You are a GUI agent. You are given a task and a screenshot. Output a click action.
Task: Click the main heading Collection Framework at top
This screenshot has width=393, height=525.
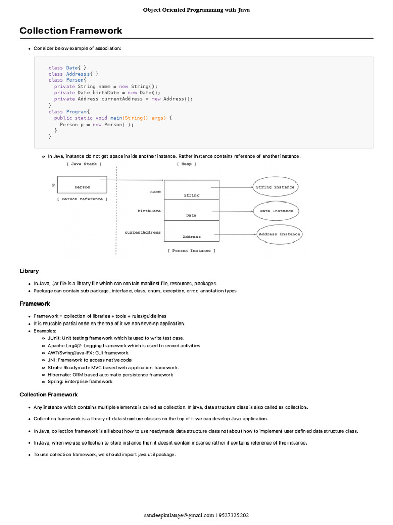[71, 31]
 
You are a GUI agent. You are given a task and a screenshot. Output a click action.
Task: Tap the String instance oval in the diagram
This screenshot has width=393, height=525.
[275, 187]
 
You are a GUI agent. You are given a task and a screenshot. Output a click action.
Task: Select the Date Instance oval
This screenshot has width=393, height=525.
[276, 211]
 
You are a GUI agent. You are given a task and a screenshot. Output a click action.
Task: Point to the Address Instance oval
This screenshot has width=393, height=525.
[279, 234]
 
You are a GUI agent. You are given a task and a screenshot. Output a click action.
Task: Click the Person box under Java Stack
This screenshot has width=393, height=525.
[82, 187]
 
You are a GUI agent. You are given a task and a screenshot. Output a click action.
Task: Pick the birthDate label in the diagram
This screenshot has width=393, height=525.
[149, 211]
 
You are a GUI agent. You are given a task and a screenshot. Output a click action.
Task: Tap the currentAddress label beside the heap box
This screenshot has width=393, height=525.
[143, 232]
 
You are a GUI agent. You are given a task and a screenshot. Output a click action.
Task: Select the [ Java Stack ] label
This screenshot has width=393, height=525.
[83, 164]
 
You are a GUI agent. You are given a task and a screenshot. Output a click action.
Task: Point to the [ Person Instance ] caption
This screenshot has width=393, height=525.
[191, 251]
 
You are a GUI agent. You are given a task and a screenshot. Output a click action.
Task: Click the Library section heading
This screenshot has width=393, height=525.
[29, 271]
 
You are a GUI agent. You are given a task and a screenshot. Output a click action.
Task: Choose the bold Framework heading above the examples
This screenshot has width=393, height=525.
[35, 304]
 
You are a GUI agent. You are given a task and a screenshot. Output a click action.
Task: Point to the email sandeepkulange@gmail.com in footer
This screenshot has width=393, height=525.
[179, 515]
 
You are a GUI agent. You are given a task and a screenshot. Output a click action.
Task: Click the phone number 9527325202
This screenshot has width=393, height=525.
[233, 515]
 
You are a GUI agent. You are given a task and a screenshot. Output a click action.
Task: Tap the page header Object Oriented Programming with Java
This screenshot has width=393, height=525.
[196, 10]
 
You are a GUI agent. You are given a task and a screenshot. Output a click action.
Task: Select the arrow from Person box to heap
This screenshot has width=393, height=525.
[135, 180]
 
